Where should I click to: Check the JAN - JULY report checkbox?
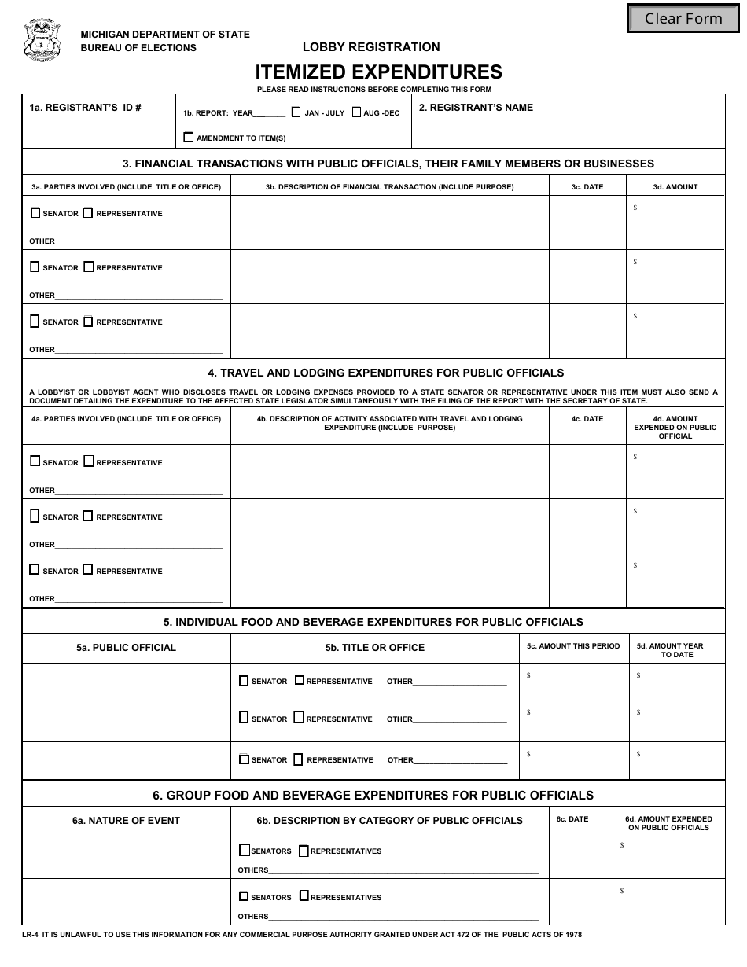(x=296, y=112)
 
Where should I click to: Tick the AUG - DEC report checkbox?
(x=356, y=112)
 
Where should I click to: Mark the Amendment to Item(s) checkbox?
(x=188, y=137)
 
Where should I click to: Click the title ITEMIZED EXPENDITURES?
(x=377, y=72)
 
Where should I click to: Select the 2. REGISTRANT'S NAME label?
(x=476, y=108)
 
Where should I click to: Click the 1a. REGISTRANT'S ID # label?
(x=86, y=108)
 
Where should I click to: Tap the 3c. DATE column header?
(x=587, y=187)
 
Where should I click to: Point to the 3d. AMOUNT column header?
(x=675, y=187)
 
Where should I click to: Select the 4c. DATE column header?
(x=587, y=419)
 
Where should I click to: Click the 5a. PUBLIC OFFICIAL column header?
(x=126, y=648)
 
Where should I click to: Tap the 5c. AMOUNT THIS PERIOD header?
(x=573, y=646)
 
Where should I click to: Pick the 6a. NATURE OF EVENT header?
(x=126, y=820)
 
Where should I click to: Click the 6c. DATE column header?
(x=572, y=819)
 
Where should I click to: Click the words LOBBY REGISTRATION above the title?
(x=371, y=47)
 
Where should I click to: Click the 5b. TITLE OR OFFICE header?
(x=374, y=648)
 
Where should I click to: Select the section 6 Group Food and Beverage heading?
(x=373, y=795)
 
